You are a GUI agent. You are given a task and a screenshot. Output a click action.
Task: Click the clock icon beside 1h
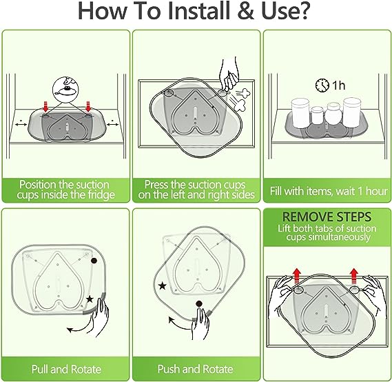[x=322, y=86]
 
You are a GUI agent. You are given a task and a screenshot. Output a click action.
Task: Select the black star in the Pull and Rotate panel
[x=90, y=299]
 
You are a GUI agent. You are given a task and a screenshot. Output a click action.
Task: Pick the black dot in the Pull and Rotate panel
[x=94, y=261]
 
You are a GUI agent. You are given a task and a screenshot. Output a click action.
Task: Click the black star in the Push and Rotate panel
[x=163, y=285]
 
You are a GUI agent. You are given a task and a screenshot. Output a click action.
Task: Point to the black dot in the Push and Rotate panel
[x=199, y=304]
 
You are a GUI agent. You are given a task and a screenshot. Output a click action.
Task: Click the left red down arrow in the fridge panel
[x=45, y=107]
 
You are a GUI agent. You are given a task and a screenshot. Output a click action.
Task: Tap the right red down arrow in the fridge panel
[x=87, y=107]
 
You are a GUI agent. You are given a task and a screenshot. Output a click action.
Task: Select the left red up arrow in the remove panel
[x=297, y=276]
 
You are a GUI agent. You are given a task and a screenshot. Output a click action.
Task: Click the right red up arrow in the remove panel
[x=353, y=276]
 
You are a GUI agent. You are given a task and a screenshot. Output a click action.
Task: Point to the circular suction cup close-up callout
[x=65, y=90]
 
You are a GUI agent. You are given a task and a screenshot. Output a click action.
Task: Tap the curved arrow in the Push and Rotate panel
[x=178, y=323]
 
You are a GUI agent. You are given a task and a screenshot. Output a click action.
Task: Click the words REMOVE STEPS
[x=327, y=217]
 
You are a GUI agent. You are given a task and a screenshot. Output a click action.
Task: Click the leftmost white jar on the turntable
[x=301, y=113]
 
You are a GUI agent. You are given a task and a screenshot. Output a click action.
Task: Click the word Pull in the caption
[x=40, y=369]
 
